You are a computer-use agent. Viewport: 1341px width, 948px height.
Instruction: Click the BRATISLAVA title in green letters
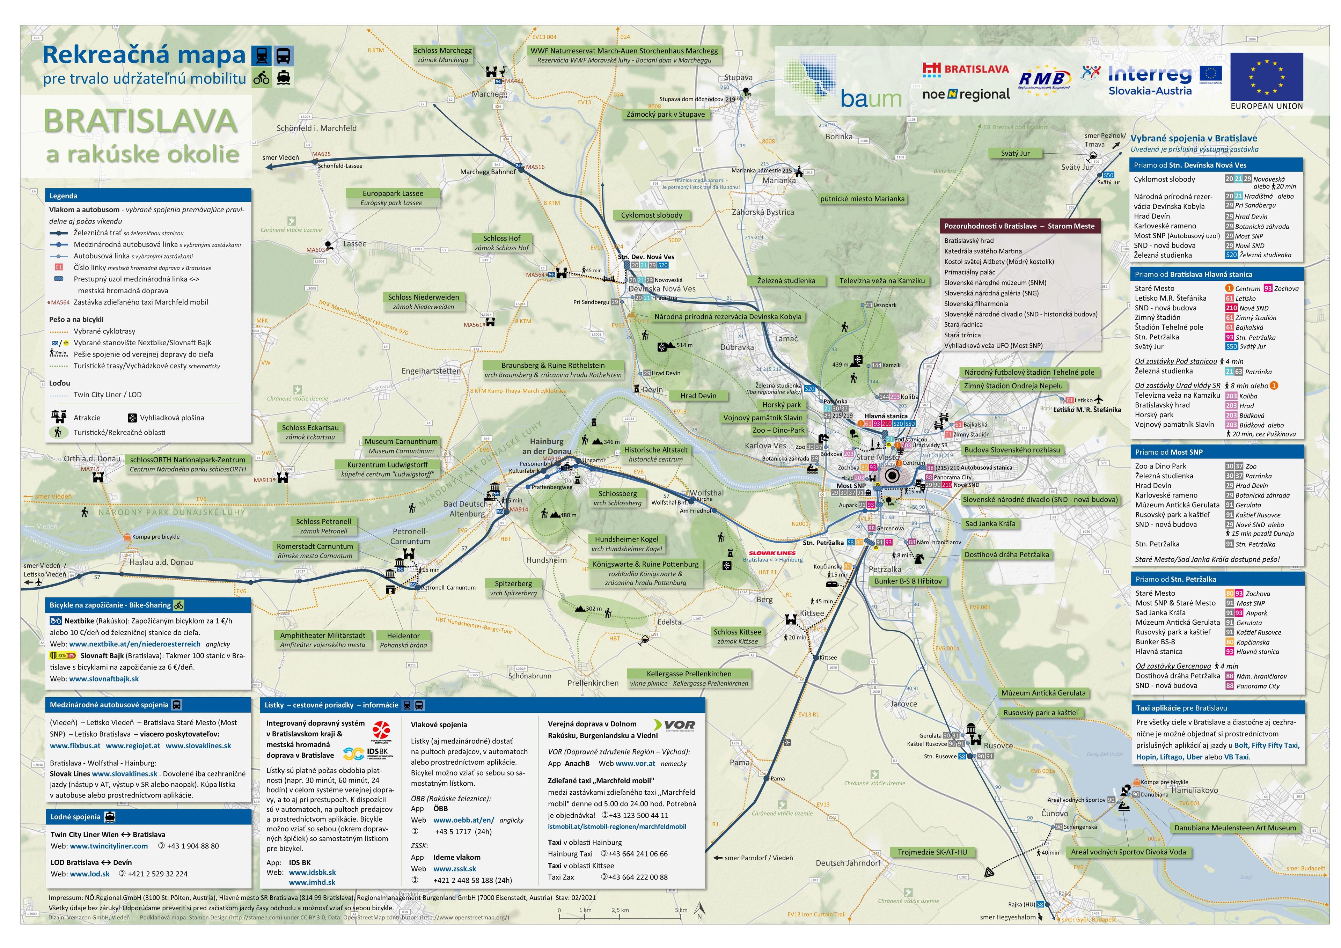[140, 122]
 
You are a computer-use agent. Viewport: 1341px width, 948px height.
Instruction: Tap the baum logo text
[871, 99]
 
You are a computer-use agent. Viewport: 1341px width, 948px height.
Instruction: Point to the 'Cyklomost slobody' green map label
[651, 215]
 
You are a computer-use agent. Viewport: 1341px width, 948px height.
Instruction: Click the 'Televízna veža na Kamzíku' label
[882, 281]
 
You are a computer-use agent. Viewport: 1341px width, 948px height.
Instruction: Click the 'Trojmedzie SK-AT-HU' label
[932, 852]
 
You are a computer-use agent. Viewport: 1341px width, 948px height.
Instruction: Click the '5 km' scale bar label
[681, 910]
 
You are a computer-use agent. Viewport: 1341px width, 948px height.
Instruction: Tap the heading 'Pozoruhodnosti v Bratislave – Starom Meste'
[1019, 226]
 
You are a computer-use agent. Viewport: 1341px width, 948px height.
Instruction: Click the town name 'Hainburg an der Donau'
[547, 446]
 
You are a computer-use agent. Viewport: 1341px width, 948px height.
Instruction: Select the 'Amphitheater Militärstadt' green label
[322, 635]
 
